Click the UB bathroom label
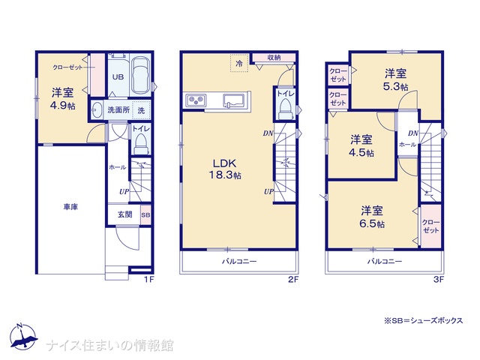118,76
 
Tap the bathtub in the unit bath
140,76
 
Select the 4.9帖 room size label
63,106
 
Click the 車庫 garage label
70,207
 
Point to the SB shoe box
145,215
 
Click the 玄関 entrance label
125,214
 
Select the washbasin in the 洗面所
97,110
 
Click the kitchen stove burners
196,100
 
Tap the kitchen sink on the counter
233,100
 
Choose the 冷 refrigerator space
239,63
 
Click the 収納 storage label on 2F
274,57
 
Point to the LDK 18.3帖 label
225,169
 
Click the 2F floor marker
293,279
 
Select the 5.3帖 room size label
395,87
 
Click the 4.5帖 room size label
361,153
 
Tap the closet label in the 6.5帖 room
431,226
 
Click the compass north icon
23,336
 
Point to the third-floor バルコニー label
385,262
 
